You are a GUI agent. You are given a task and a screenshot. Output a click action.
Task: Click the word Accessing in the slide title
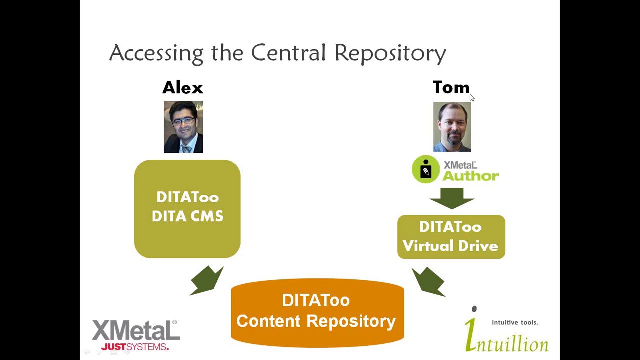pyautogui.click(x=156, y=53)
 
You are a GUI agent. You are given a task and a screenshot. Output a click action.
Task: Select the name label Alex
pyautogui.click(x=183, y=88)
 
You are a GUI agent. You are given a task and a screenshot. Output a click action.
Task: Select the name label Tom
pyautogui.click(x=451, y=88)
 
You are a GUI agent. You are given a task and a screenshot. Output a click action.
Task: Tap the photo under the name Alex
pyautogui.click(x=183, y=127)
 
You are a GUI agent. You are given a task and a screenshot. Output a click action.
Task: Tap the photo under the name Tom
pyautogui.click(x=452, y=127)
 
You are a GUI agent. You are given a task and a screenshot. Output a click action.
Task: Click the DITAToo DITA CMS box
pyautogui.click(x=187, y=209)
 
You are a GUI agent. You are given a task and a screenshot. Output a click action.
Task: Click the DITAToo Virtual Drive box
pyautogui.click(x=451, y=237)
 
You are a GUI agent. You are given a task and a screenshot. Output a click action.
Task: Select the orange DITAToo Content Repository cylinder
pyautogui.click(x=317, y=312)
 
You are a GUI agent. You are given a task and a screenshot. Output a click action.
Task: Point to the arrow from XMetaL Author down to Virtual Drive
pyautogui.click(x=452, y=198)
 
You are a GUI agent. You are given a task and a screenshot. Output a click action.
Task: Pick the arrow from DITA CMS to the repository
pyautogui.click(x=207, y=280)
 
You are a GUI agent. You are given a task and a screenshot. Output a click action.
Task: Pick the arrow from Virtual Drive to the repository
pyautogui.click(x=428, y=281)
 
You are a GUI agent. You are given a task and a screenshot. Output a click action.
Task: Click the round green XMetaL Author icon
pyautogui.click(x=426, y=170)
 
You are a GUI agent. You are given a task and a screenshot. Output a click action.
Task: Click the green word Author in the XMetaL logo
pyautogui.click(x=470, y=176)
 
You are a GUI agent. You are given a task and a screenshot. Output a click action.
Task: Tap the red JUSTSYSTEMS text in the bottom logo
pyautogui.click(x=135, y=346)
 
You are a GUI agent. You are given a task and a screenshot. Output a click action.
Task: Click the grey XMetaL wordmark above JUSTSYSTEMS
pyautogui.click(x=135, y=331)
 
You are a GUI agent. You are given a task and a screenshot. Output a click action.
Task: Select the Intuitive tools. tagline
pyautogui.click(x=515, y=322)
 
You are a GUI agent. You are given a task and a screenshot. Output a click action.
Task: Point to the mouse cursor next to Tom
pyautogui.click(x=471, y=97)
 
